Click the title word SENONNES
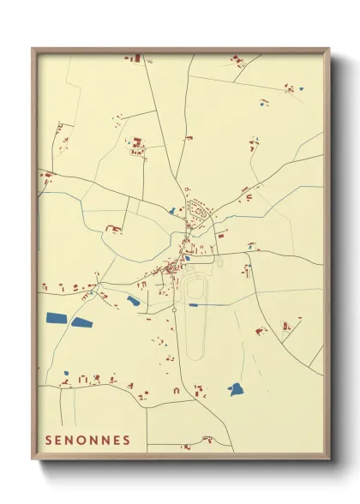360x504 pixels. pos(87,441)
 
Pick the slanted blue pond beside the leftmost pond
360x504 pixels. pos(82,322)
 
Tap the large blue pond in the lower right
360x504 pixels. pos(236,389)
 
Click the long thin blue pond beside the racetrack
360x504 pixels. pos(195,304)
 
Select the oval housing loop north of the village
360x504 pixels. pos(201,209)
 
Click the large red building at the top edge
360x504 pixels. pos(134,58)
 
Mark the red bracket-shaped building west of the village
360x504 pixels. pos(112,229)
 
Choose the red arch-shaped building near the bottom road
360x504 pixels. pos(177,391)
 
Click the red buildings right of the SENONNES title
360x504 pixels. pos(207,440)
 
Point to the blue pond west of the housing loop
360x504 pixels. pos(172,211)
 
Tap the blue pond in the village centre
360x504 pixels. pos(187,257)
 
